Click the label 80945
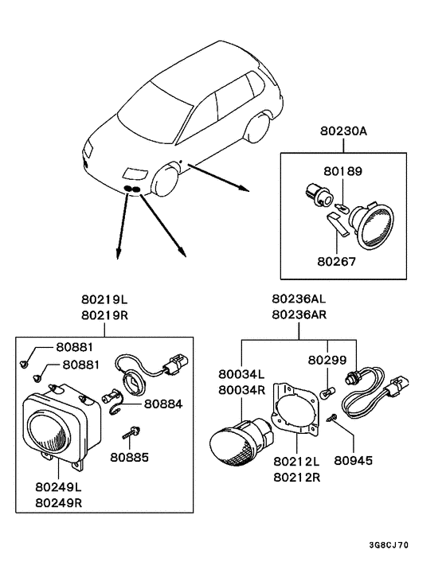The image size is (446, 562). tap(354, 460)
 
